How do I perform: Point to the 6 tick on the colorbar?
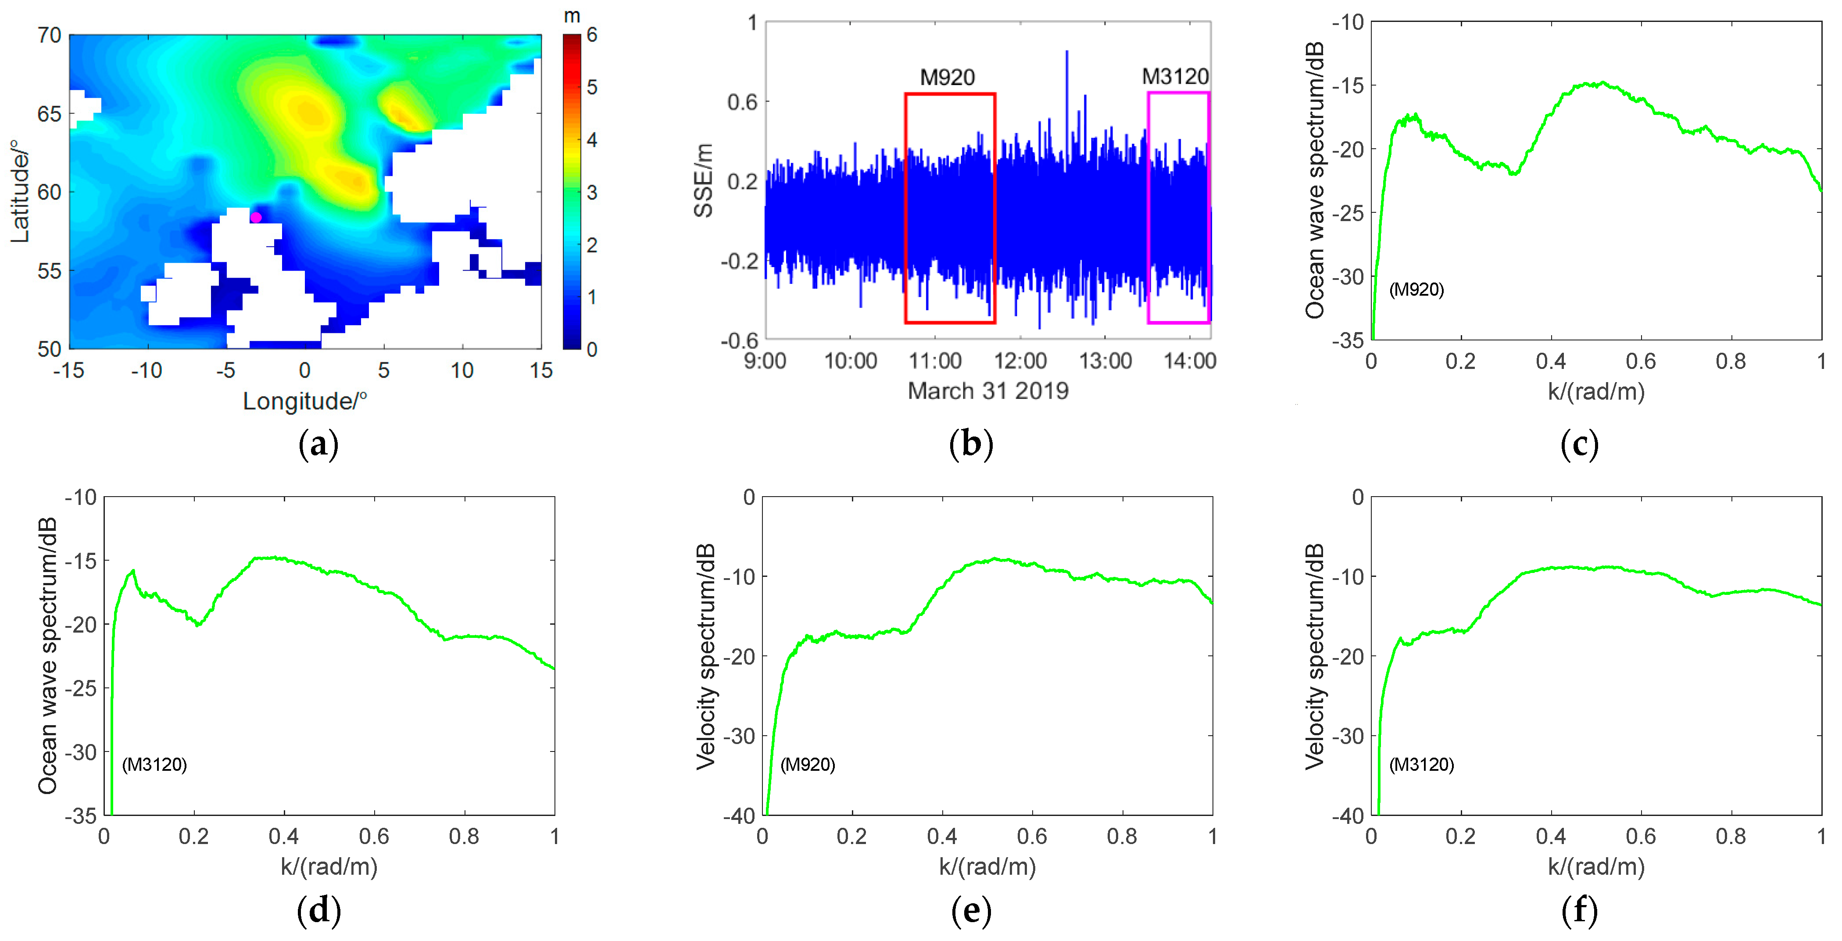coord(592,35)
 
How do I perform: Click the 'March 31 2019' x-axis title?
coord(987,391)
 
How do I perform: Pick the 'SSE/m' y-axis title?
coord(704,180)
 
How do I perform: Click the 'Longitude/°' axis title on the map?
coord(304,401)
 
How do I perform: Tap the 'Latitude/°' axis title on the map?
coord(21,192)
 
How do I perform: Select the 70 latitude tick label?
coord(49,35)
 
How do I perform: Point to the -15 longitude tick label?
coord(68,370)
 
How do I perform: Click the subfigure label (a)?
coord(318,445)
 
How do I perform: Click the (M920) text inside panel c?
coord(1416,290)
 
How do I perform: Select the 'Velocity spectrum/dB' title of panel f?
coord(1314,656)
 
